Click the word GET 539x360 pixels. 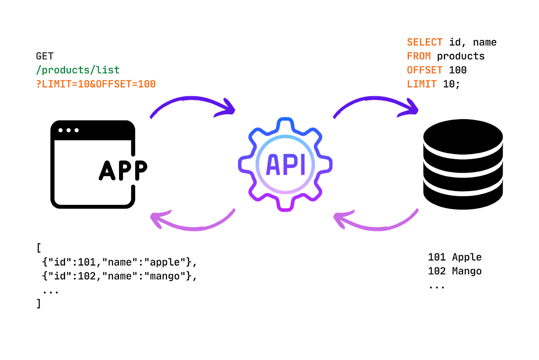45,57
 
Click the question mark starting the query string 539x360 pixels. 38,84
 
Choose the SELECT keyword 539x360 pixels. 425,43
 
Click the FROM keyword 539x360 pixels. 419,57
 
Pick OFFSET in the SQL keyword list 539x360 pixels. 425,71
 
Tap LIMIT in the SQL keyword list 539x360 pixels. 422,84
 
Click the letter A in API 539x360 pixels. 273,164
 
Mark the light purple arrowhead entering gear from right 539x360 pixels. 340,219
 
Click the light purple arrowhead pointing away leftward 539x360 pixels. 157,219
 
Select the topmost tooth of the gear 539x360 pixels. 285,122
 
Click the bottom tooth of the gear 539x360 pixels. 285,207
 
